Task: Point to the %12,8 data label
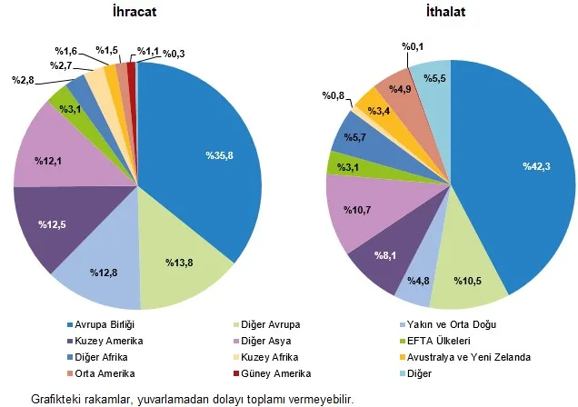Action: click(104, 272)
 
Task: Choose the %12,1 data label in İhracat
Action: click(49, 161)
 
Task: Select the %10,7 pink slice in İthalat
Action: click(355, 210)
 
